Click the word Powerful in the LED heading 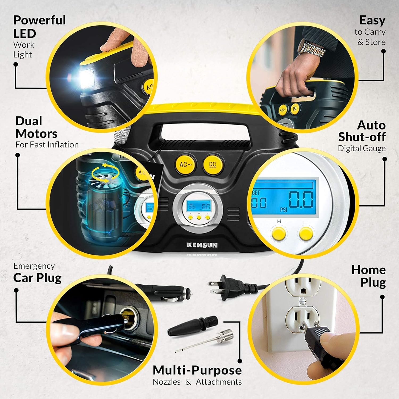pyautogui.click(x=39, y=20)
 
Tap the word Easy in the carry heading pyautogui.click(x=372, y=20)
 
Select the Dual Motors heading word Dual pyautogui.click(x=29, y=121)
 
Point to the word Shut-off pyautogui.click(x=362, y=137)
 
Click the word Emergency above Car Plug pyautogui.click(x=34, y=266)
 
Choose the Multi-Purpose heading pyautogui.click(x=197, y=370)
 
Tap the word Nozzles pyautogui.click(x=167, y=382)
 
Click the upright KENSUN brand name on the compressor pyautogui.click(x=202, y=245)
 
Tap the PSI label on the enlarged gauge pyautogui.click(x=284, y=210)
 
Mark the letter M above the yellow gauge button pyautogui.click(x=279, y=221)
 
